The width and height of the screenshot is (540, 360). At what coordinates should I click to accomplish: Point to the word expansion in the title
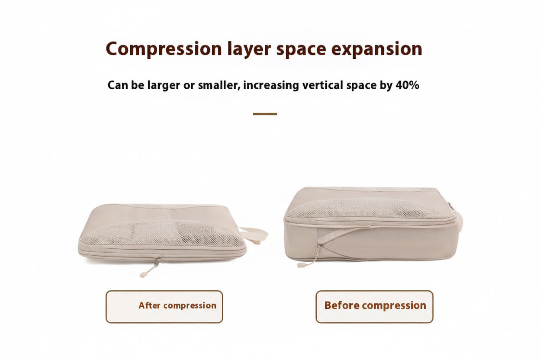click(x=376, y=49)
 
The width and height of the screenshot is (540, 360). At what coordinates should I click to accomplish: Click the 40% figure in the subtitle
click(x=407, y=85)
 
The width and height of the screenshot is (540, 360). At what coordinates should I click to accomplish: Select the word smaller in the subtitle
click(x=218, y=85)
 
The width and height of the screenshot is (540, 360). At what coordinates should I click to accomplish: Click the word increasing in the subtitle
click(x=271, y=85)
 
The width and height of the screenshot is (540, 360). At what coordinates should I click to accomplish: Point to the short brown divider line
click(x=265, y=114)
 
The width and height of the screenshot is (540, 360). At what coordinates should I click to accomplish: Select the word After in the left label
click(x=150, y=305)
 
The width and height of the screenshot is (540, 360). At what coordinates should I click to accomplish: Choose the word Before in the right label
click(x=342, y=305)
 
